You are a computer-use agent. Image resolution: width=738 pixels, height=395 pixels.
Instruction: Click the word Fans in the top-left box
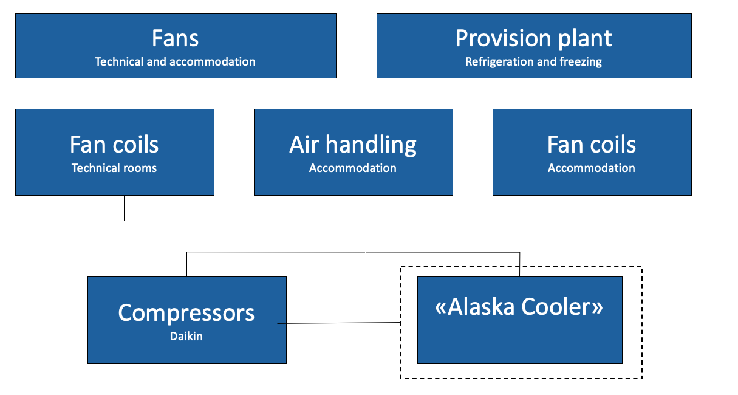[x=175, y=38]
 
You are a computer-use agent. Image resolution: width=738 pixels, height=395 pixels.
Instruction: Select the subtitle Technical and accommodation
[x=175, y=61]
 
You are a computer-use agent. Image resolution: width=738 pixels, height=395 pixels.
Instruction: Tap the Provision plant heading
[x=534, y=39]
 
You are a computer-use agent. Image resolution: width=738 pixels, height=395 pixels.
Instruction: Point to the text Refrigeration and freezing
[x=533, y=62]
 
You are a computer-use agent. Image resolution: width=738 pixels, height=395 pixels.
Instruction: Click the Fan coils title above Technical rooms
[x=114, y=145]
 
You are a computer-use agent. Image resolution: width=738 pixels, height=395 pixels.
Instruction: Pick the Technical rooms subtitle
[x=114, y=168]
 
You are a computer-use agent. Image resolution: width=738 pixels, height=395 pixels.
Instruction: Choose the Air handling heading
[x=353, y=145]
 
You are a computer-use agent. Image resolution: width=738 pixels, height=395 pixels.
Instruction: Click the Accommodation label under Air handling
[x=352, y=168]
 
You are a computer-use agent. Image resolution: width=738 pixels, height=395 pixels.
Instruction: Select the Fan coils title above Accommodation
[x=592, y=145]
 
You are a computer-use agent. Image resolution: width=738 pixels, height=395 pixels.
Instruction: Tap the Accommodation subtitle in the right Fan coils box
[x=592, y=168]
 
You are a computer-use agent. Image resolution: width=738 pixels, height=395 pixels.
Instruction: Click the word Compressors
[x=186, y=313]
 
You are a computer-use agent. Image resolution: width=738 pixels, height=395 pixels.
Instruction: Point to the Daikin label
[x=186, y=336]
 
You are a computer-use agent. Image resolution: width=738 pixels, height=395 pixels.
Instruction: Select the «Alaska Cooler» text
[x=519, y=307]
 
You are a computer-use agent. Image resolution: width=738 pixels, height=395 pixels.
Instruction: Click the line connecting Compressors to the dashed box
[x=339, y=323]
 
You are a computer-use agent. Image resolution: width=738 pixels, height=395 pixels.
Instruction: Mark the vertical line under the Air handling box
[x=357, y=224]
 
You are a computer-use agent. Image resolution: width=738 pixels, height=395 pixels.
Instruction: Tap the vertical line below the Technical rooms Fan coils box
[x=124, y=208]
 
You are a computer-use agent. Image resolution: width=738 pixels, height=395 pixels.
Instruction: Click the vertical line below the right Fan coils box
[x=592, y=208]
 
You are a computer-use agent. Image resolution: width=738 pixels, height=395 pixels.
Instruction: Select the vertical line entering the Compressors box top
[x=187, y=264]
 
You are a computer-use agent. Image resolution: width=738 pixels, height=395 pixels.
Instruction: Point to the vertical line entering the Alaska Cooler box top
[x=519, y=264]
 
